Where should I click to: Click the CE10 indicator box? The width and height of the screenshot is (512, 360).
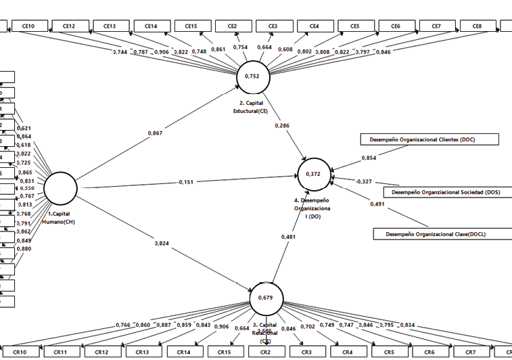[28, 26]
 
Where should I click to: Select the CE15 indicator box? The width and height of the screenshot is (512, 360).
[191, 26]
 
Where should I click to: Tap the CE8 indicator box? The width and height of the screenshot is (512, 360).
[478, 26]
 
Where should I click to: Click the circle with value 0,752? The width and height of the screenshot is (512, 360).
[252, 76]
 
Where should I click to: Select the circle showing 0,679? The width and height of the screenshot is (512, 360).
[266, 298]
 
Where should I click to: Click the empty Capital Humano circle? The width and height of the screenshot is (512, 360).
[60, 189]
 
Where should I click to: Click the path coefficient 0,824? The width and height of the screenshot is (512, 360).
[162, 242]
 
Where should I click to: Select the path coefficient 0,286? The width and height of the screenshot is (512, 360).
[283, 125]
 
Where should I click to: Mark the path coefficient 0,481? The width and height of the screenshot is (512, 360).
[288, 236]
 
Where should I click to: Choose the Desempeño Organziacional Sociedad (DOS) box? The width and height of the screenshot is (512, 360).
[447, 192]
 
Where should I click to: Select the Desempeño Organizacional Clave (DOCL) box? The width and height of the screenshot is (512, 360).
[443, 234]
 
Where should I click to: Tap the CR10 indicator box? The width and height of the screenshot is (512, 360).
[20, 353]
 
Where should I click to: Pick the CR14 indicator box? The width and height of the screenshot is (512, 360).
[183, 353]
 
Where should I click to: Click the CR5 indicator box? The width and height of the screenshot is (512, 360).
[389, 353]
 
